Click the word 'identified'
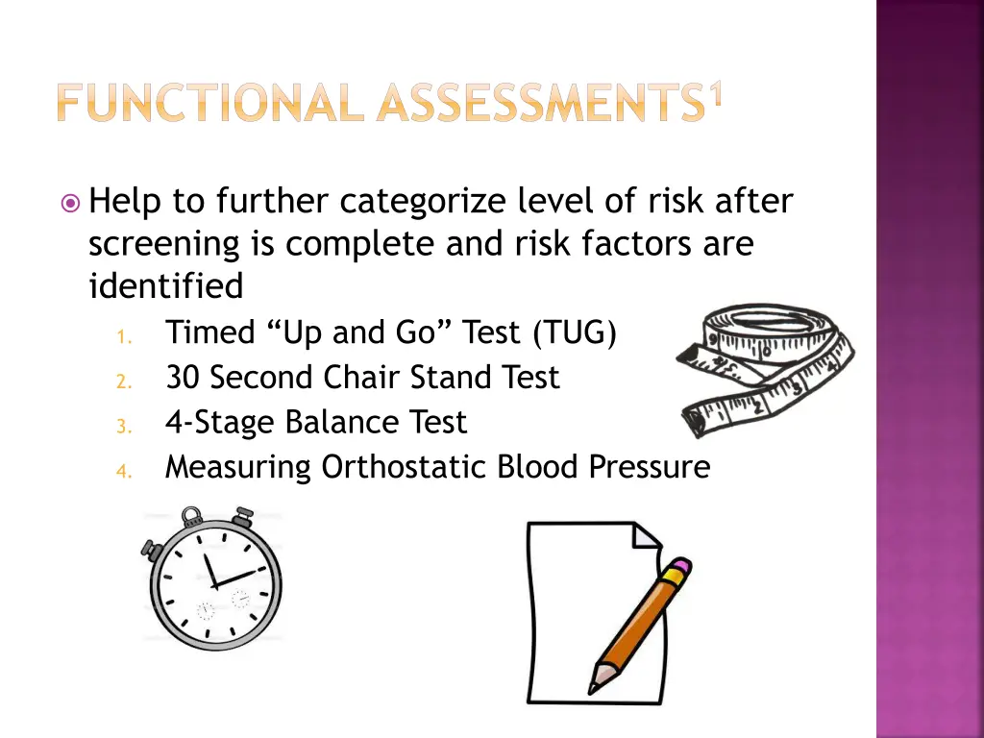165,286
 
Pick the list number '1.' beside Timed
123,335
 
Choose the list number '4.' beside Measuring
123,470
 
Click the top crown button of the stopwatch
192,516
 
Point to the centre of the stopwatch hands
213,583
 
